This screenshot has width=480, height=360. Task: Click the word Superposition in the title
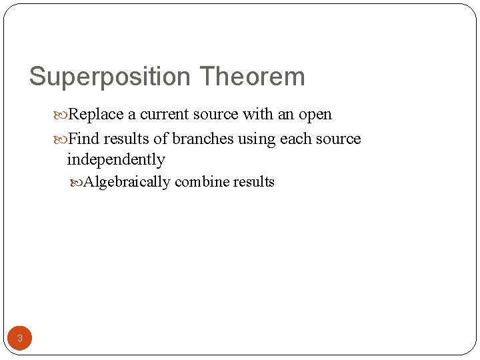[110, 77]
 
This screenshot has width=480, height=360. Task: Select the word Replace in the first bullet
[96, 115]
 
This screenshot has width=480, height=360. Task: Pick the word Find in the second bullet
[82, 139]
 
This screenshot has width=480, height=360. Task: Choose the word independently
[115, 160]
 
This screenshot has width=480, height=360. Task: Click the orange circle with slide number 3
[20, 338]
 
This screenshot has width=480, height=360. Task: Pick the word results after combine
[253, 182]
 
